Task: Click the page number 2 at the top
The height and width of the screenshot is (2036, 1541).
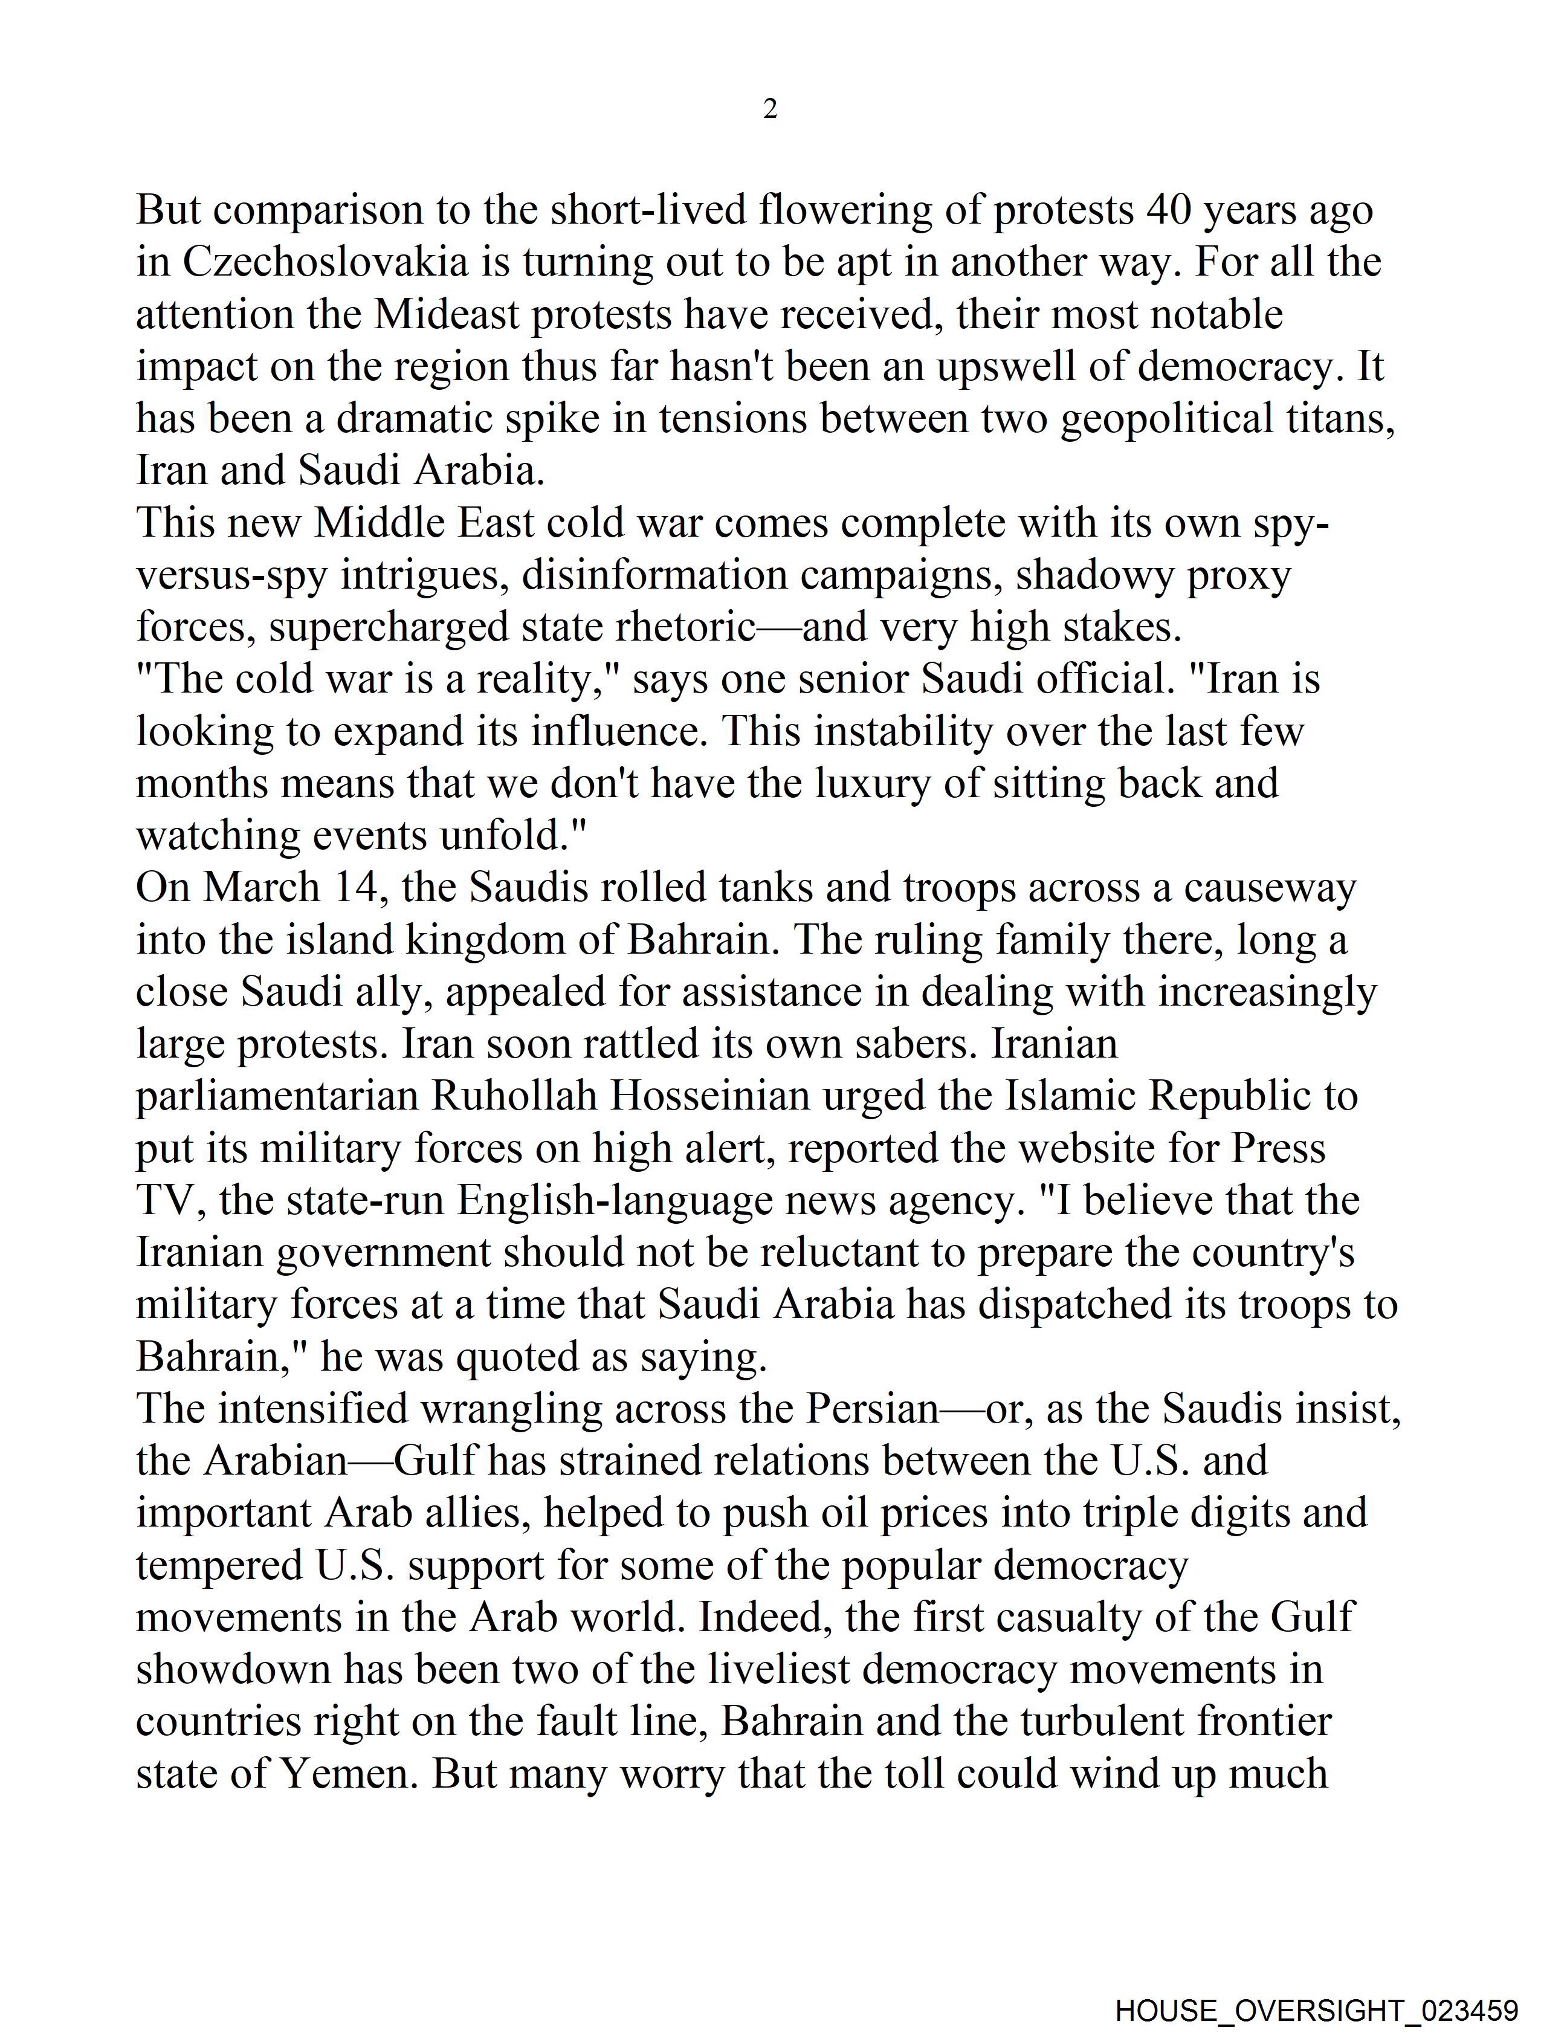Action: coord(771,109)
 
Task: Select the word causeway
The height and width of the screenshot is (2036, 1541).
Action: coord(1270,887)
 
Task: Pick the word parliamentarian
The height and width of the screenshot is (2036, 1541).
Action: coord(278,1096)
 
